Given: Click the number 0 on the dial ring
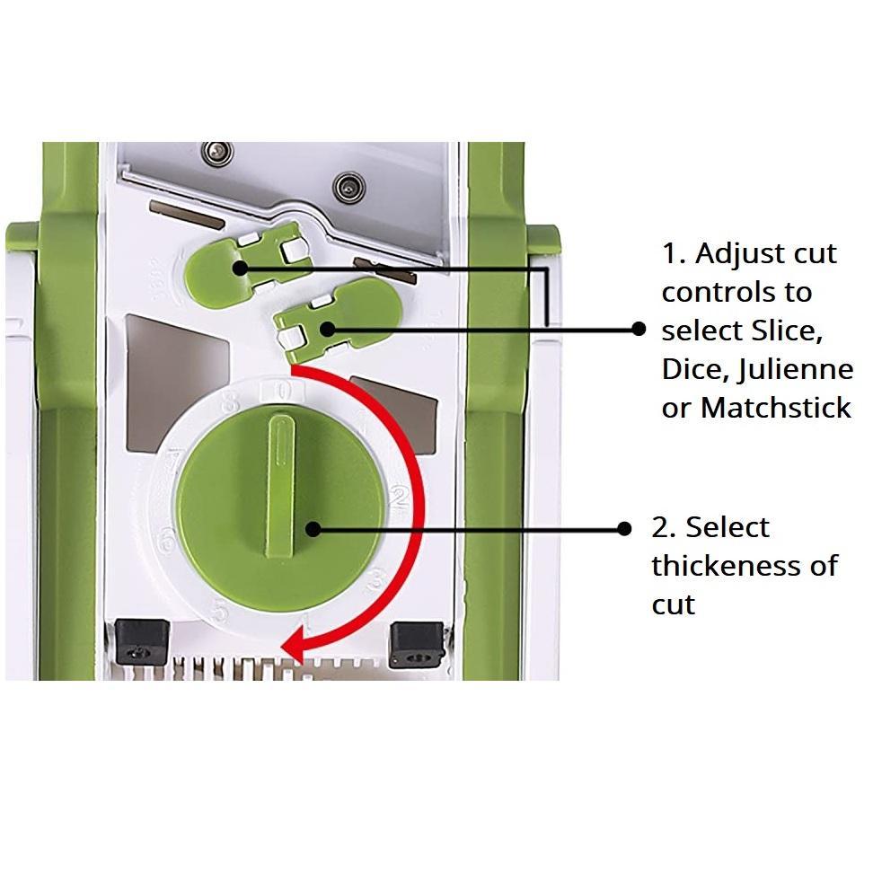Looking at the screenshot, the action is tap(283, 392).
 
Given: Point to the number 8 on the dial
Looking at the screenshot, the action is tap(231, 402).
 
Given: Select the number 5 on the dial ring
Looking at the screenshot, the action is tap(220, 611).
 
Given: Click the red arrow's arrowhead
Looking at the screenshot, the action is tap(293, 645).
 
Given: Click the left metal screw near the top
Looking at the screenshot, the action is tap(217, 153).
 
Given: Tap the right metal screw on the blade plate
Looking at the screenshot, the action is tap(349, 187).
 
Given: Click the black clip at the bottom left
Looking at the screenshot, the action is tap(141, 642).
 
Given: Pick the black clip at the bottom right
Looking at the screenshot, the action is tap(417, 645).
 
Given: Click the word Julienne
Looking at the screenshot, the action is tap(796, 371).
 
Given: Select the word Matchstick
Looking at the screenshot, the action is tap(776, 408).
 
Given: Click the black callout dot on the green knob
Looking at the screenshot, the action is tap(313, 529).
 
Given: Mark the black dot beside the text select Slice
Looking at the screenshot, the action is tap(639, 329).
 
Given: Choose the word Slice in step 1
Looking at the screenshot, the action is tap(787, 331).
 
